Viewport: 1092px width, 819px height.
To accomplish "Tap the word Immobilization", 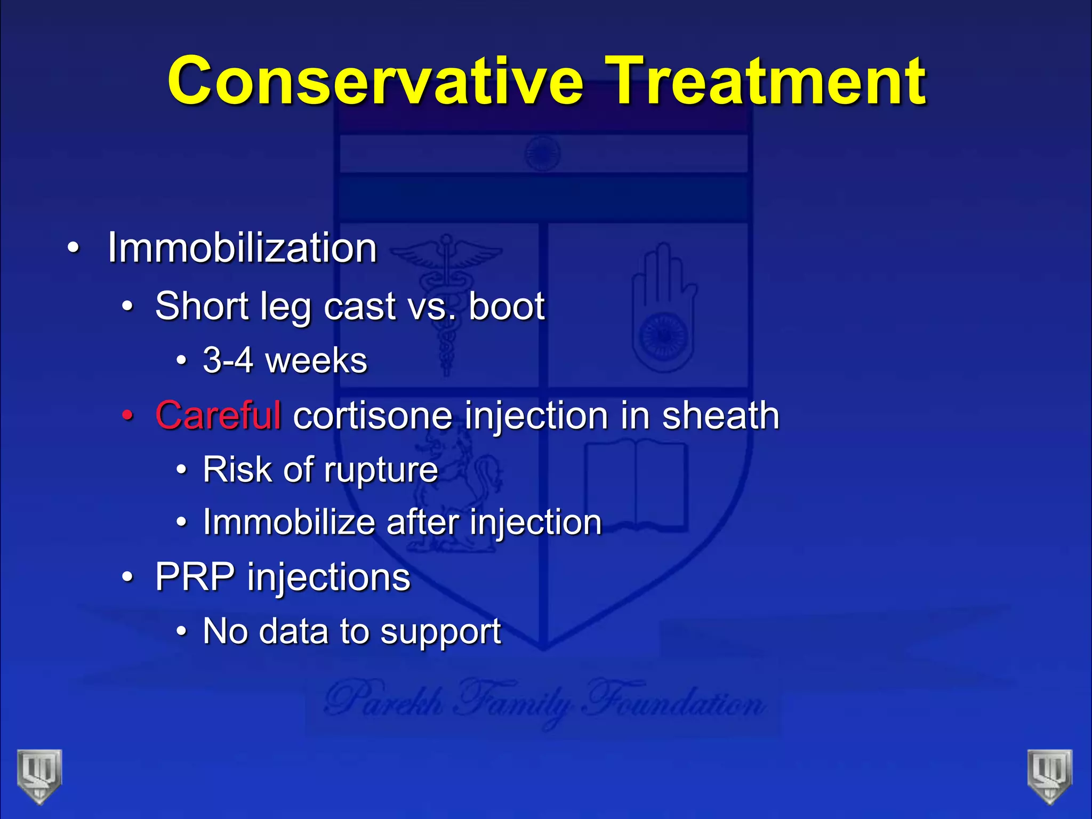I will pos(242,248).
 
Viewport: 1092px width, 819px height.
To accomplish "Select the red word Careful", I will pos(218,415).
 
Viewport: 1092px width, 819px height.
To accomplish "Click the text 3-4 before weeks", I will pos(228,360).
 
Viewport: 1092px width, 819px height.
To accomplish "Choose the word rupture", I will pos(381,470).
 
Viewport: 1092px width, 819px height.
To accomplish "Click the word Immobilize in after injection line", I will pos(288,522).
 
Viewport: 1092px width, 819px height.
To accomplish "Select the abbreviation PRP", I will pos(195,577).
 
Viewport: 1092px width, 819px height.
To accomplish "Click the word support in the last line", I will pos(440,632).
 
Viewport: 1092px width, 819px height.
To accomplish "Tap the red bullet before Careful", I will pos(127,415).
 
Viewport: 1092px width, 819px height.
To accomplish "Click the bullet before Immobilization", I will pos(73,248).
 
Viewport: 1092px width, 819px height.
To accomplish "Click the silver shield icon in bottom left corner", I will pos(39,776).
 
